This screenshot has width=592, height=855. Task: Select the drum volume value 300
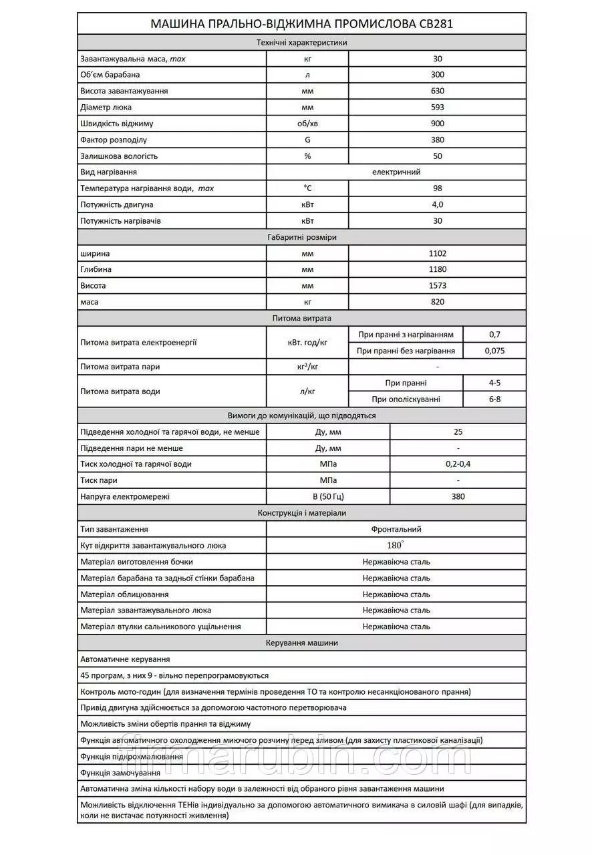coord(438,75)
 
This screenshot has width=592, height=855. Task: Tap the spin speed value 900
coord(438,124)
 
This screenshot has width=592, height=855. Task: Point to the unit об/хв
coord(307,124)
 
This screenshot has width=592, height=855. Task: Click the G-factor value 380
coord(438,140)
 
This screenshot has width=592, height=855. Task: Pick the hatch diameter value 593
coord(438,107)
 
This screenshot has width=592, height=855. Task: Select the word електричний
coord(396,172)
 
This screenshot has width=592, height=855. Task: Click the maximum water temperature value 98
coord(438,188)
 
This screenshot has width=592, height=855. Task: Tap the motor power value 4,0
coord(438,204)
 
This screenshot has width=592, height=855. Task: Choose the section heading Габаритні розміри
coord(302,237)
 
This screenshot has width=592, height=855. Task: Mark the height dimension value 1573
coord(438,286)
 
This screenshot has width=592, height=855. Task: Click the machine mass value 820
coord(438,302)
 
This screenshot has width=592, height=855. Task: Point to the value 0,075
coord(494,351)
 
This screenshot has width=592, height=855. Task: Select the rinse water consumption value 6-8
coord(494,399)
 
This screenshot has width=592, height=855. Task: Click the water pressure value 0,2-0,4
coord(458,464)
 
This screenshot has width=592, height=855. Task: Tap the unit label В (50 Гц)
coord(328,496)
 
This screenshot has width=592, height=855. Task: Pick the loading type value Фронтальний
coord(396,529)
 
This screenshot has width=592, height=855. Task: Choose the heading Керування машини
coord(302,643)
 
